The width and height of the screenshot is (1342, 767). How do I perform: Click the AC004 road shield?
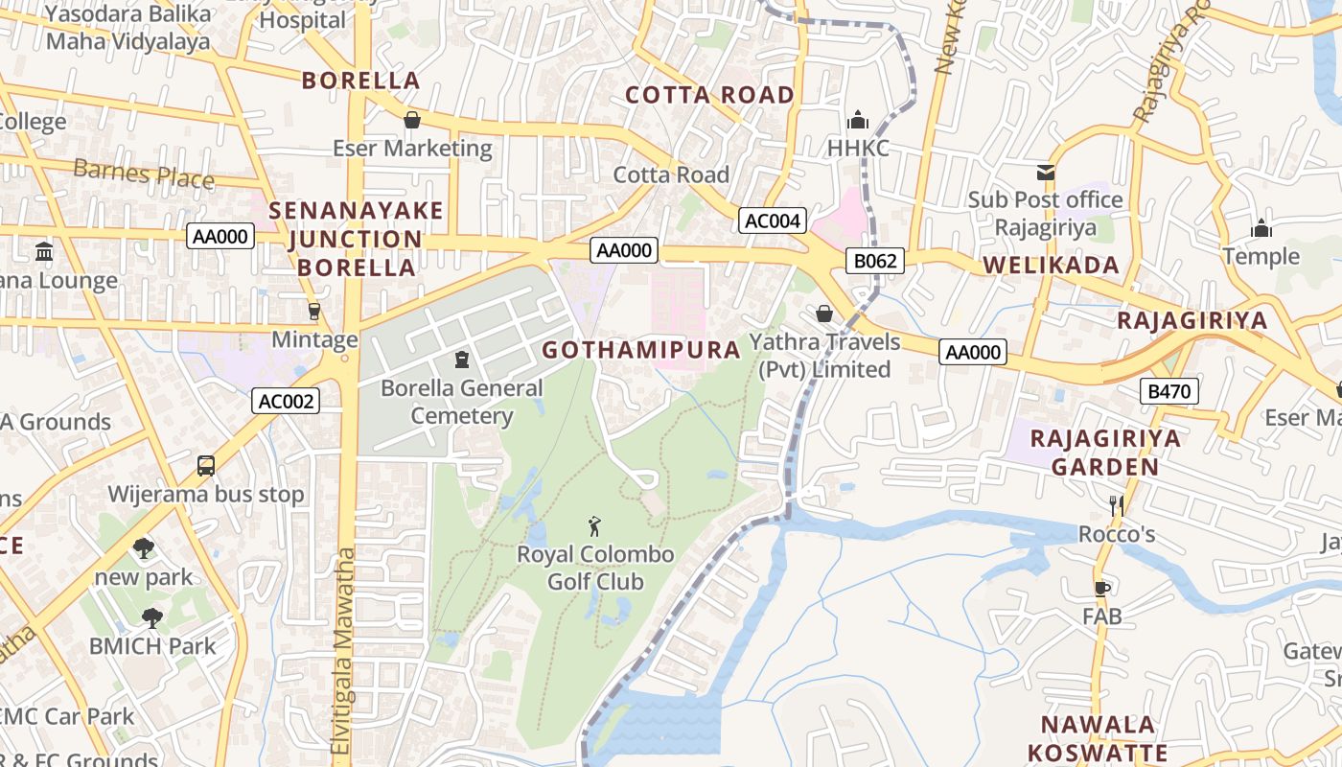(x=773, y=221)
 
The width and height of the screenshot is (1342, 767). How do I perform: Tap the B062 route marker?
(x=875, y=261)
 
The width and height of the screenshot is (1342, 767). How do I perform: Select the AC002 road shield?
(x=286, y=401)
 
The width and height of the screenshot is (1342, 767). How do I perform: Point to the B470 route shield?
(x=1169, y=391)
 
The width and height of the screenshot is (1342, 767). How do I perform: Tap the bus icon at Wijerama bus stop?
(x=205, y=466)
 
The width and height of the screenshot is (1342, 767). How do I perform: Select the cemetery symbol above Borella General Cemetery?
(x=462, y=360)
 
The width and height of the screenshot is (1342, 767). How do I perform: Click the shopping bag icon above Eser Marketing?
(x=412, y=120)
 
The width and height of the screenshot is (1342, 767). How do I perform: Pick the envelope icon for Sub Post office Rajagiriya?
(x=1045, y=173)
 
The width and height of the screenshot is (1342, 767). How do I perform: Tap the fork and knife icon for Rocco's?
(x=1116, y=505)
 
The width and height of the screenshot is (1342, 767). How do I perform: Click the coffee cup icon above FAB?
(x=1102, y=588)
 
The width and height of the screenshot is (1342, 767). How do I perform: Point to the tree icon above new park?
(x=144, y=548)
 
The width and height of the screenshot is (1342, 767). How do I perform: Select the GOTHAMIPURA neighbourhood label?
(x=641, y=350)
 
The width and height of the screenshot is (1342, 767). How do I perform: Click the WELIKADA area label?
(x=1051, y=266)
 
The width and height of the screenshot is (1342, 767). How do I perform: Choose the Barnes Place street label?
(x=144, y=174)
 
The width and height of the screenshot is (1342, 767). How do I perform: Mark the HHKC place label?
(x=858, y=149)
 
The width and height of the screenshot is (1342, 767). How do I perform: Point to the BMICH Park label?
(x=153, y=646)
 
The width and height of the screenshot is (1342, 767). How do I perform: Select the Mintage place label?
(x=314, y=339)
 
